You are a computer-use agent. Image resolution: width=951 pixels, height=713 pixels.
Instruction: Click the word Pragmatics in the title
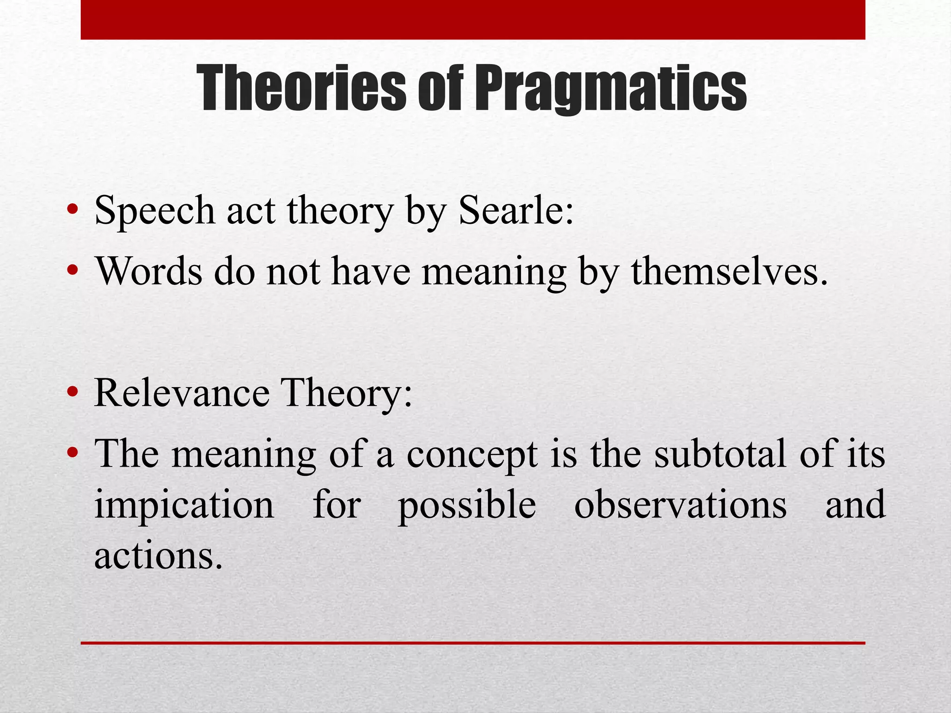click(x=610, y=88)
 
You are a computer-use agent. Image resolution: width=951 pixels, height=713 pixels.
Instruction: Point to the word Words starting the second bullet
click(x=149, y=271)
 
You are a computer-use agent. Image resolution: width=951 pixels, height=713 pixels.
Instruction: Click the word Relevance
click(x=181, y=393)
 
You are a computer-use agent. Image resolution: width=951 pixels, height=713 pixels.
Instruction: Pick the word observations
click(x=680, y=505)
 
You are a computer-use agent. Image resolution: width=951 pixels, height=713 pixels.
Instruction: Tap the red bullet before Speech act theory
click(x=72, y=209)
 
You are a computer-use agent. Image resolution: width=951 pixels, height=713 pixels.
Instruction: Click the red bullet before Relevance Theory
click(x=72, y=392)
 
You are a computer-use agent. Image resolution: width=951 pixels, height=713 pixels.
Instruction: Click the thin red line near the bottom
click(x=473, y=643)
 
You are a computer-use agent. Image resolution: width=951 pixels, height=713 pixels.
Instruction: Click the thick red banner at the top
click(x=473, y=19)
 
